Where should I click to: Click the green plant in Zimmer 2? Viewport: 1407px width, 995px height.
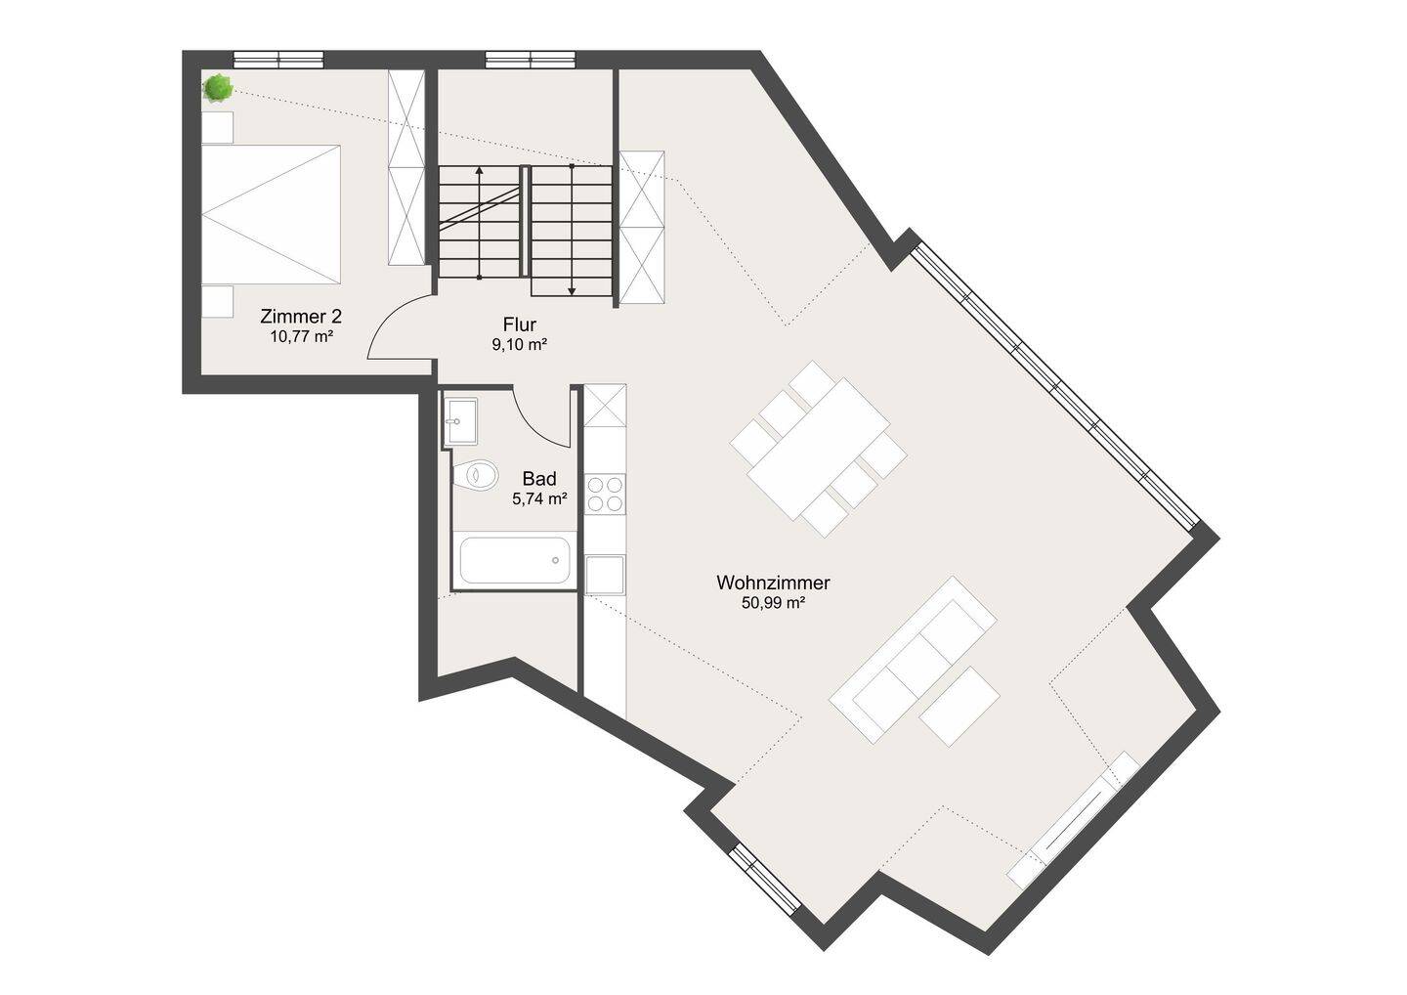pyautogui.click(x=218, y=88)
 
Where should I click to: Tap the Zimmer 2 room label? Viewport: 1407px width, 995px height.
pyautogui.click(x=301, y=316)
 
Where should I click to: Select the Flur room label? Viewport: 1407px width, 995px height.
pyautogui.click(x=520, y=324)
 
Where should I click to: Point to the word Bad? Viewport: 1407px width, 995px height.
pyautogui.click(x=539, y=479)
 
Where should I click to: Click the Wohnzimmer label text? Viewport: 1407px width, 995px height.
pyautogui.click(x=773, y=583)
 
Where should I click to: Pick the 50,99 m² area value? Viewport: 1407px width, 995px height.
pyautogui.click(x=773, y=603)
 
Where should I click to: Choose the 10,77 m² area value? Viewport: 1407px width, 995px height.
pyautogui.click(x=302, y=336)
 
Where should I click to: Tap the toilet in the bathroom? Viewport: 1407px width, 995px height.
pyautogui.click(x=476, y=475)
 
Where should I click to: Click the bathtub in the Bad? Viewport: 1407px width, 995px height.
pyautogui.click(x=515, y=560)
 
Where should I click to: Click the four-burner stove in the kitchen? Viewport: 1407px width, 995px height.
pyautogui.click(x=606, y=494)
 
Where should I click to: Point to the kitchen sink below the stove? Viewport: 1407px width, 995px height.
pyautogui.click(x=606, y=574)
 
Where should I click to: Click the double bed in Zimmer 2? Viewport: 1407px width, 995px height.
pyautogui.click(x=271, y=214)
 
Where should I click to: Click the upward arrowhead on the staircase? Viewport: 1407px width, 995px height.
pyautogui.click(x=479, y=169)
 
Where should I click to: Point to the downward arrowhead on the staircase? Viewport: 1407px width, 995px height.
pyautogui.click(x=572, y=290)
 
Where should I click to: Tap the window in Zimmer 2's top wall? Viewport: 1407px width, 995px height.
pyautogui.click(x=278, y=60)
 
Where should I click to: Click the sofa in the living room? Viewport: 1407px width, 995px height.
pyautogui.click(x=913, y=659)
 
